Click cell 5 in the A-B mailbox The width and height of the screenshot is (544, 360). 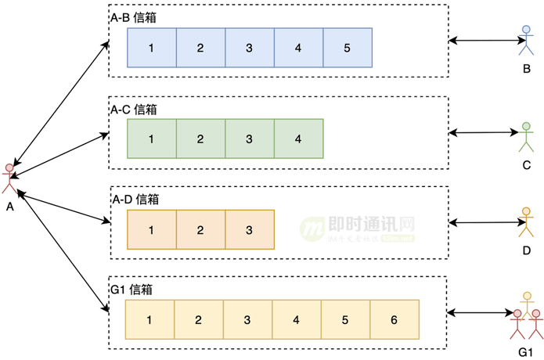click(347, 48)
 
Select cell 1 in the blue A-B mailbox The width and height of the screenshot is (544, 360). click(151, 48)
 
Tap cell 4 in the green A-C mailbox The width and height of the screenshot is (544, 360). click(298, 139)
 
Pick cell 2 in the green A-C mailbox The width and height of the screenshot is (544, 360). click(200, 139)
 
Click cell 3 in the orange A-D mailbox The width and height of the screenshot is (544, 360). click(249, 229)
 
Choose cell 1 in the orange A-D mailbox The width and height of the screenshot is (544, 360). click(151, 229)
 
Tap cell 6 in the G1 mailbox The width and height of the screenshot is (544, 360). click(394, 319)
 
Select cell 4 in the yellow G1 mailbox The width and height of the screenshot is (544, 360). click(297, 319)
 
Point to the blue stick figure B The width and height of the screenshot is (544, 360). click(526, 41)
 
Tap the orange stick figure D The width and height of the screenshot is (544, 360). click(526, 222)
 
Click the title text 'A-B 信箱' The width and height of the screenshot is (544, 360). click(135, 17)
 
